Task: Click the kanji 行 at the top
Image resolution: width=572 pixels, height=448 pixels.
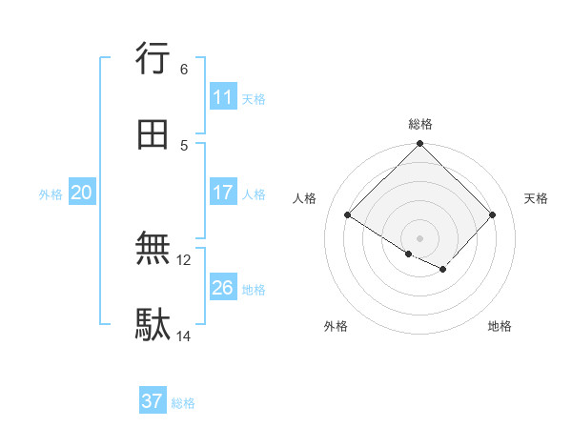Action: (153, 58)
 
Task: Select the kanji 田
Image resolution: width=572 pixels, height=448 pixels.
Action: (153, 134)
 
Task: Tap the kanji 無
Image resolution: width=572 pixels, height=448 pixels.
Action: (153, 250)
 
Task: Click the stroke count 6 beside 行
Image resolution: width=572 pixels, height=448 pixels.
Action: (184, 69)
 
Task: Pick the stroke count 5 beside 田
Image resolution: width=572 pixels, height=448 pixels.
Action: (184, 145)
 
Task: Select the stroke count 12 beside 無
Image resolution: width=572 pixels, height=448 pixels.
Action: (185, 259)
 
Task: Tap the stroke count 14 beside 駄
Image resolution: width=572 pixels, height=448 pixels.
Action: (185, 336)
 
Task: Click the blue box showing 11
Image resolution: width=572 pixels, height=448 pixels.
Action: (223, 97)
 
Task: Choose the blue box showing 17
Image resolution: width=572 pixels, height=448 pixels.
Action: (223, 193)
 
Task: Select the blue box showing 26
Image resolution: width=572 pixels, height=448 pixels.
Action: (223, 287)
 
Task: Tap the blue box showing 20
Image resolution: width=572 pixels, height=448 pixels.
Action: (82, 193)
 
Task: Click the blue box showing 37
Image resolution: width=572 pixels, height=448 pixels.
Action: (153, 401)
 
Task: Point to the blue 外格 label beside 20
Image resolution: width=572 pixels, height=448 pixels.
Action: (51, 194)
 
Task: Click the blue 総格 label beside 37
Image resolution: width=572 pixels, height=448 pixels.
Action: (183, 403)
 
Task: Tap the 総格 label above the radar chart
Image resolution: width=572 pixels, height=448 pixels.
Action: (420, 124)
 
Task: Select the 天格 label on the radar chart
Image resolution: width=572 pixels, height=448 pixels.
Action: (537, 198)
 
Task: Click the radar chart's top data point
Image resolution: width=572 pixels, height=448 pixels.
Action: (420, 145)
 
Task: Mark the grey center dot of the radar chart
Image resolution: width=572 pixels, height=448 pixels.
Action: (420, 237)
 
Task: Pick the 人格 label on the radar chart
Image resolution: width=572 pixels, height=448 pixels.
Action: (305, 198)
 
